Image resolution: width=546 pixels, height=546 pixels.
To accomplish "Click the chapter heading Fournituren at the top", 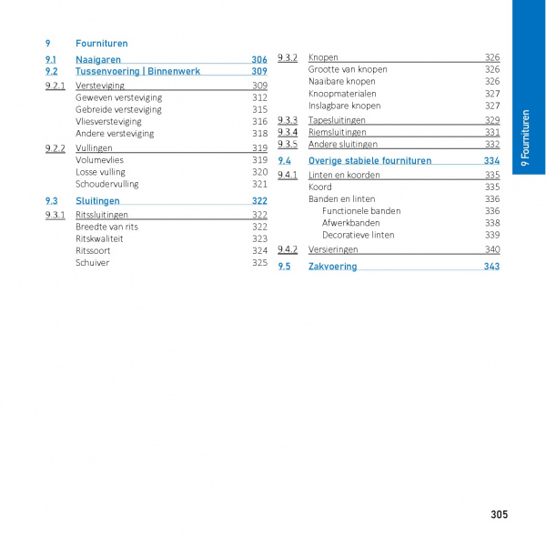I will [101, 43].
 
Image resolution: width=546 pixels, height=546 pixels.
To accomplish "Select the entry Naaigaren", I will [98, 60].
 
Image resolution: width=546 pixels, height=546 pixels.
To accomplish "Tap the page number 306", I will [259, 60].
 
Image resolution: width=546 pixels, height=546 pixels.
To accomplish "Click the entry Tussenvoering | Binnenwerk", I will [137, 71].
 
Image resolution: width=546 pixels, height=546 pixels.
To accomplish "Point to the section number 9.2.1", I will [55, 86].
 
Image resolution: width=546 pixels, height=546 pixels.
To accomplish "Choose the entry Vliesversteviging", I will [108, 121].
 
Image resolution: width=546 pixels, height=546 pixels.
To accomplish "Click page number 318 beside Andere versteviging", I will [259, 133].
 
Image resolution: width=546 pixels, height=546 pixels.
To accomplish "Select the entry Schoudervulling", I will [107, 184].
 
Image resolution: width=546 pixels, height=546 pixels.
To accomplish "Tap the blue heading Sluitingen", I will [97, 201].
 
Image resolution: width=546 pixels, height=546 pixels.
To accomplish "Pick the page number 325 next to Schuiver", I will [259, 263].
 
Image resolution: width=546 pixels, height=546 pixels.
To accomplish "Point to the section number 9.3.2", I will [288, 57].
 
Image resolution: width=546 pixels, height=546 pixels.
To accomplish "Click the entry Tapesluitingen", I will [337, 120].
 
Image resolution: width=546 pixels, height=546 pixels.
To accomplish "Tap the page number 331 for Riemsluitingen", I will [491, 132].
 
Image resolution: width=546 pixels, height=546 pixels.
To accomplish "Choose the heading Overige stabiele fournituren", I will [369, 161].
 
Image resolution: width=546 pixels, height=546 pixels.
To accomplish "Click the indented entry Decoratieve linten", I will [359, 235].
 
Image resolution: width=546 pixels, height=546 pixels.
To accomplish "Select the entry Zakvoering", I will [332, 267].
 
